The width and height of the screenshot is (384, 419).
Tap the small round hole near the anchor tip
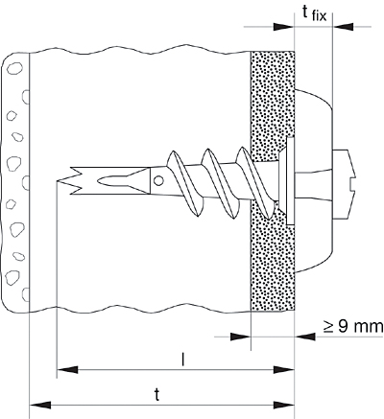pyautogui.click(x=158, y=177)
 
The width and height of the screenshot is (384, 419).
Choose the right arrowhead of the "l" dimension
pyautogui.click(x=288, y=367)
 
